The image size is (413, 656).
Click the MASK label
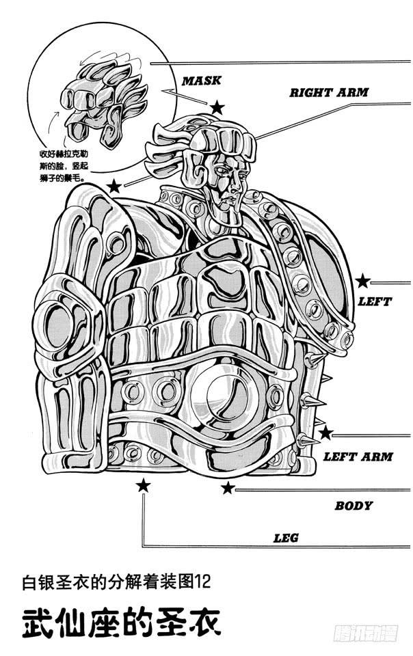click(x=201, y=81)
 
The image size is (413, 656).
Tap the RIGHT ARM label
click(x=328, y=92)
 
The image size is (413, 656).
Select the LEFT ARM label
click(x=358, y=456)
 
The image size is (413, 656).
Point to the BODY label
click(x=353, y=506)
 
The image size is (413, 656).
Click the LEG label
click(x=286, y=538)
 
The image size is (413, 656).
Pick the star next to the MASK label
click(x=217, y=107)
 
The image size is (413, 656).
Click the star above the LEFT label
click(x=363, y=281)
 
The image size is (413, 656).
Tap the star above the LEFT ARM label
click(x=325, y=433)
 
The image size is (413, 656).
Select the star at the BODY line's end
click(x=228, y=487)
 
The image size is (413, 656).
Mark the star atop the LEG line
click(x=143, y=486)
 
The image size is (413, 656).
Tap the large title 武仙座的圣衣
click(x=121, y=623)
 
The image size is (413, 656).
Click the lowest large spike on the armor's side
click(x=308, y=441)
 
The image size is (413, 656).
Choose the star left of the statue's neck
click(x=114, y=186)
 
